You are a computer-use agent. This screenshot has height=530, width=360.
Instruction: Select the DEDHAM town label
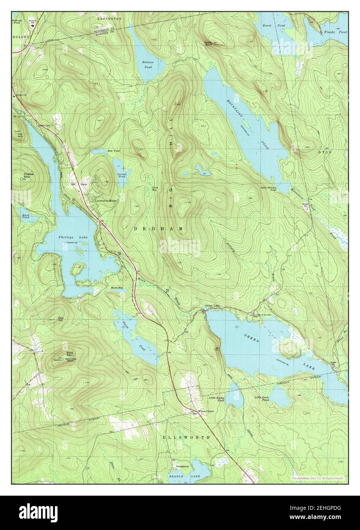pyautogui.click(x=158, y=228)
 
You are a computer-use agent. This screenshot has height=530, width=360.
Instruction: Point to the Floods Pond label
pyautogui.click(x=335, y=32)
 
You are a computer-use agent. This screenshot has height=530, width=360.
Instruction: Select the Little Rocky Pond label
pyautogui.click(x=216, y=399)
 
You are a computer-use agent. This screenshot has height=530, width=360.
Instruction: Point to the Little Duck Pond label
pyautogui.click(x=262, y=399)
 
